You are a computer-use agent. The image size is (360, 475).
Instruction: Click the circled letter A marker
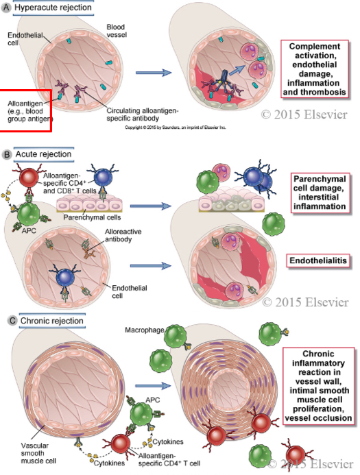click(7, 7)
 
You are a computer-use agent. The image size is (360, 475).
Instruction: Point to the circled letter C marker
click(7, 321)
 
